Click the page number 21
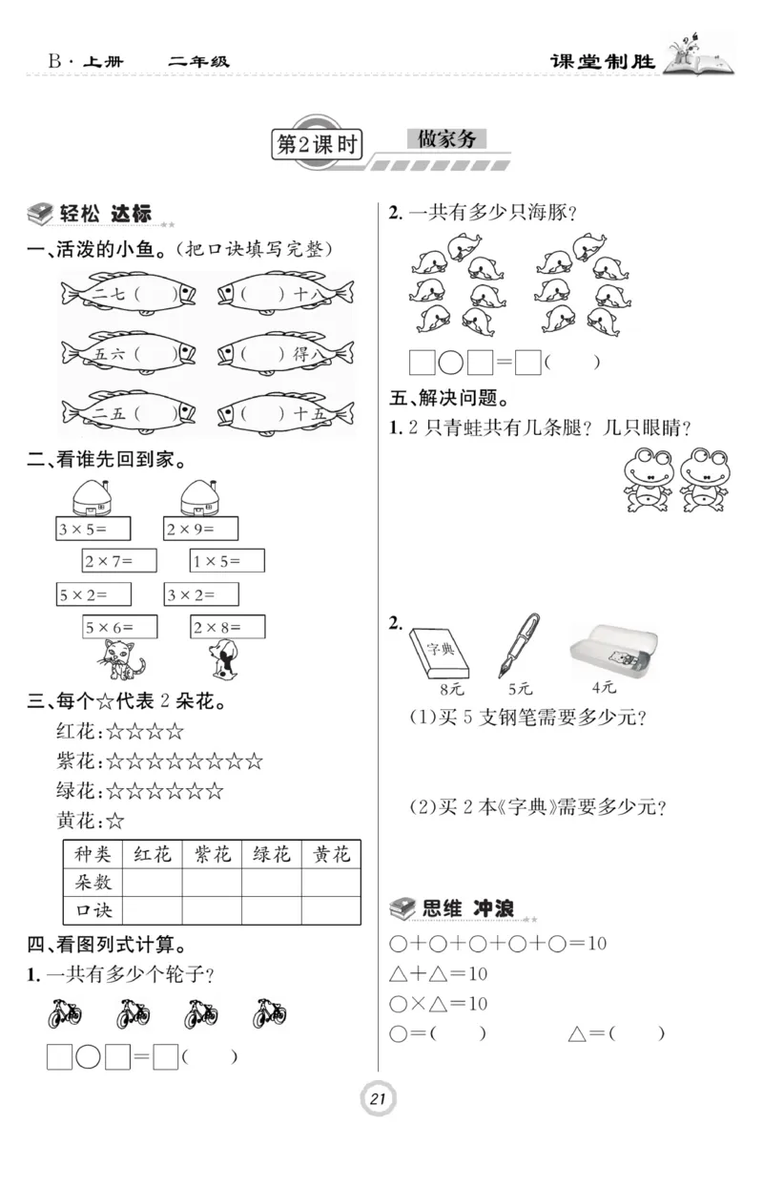click(378, 1100)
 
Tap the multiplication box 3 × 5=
click(93, 529)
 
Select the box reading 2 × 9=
click(200, 529)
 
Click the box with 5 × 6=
click(119, 627)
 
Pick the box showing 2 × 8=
click(227, 627)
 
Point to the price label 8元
click(440, 688)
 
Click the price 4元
click(604, 686)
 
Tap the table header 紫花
click(212, 854)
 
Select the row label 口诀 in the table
click(93, 909)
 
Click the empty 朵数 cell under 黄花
click(331, 882)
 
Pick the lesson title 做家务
click(446, 139)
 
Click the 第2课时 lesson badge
click(316, 144)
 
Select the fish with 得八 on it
click(285, 354)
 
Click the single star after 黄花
click(115, 820)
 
